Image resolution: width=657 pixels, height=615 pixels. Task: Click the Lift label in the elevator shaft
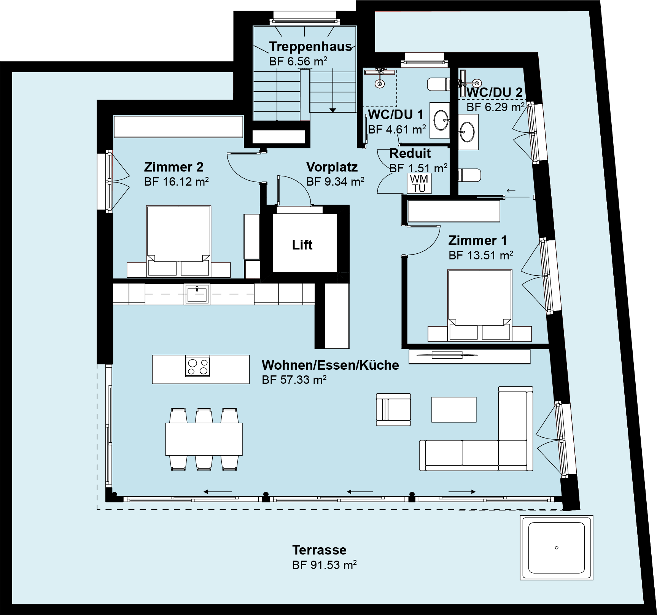pos(302,245)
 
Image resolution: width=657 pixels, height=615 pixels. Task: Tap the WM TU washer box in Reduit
pos(419,183)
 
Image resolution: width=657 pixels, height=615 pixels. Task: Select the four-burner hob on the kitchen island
pos(197,366)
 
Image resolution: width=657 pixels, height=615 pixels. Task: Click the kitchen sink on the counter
pos(197,294)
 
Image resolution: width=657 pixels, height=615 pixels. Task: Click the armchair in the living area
pos(393,409)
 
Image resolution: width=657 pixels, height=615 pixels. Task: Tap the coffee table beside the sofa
pos(453,409)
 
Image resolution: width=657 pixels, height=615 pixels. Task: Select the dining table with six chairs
pos(204,439)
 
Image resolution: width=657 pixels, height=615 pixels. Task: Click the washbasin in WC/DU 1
pos(441,119)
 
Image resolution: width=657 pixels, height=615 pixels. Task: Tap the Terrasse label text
pos(319,550)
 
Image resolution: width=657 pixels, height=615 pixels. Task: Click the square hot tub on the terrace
pos(556,548)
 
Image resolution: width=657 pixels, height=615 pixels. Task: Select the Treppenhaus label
pos(310,46)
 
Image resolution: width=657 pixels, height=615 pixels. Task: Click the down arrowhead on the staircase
pos(333,110)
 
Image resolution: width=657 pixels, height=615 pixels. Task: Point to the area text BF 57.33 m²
pos(294,380)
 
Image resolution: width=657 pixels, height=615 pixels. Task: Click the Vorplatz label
pos(332,167)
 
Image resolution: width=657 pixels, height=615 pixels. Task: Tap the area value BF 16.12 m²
pos(176,181)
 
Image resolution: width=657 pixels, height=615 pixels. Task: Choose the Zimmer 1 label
pos(477,240)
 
